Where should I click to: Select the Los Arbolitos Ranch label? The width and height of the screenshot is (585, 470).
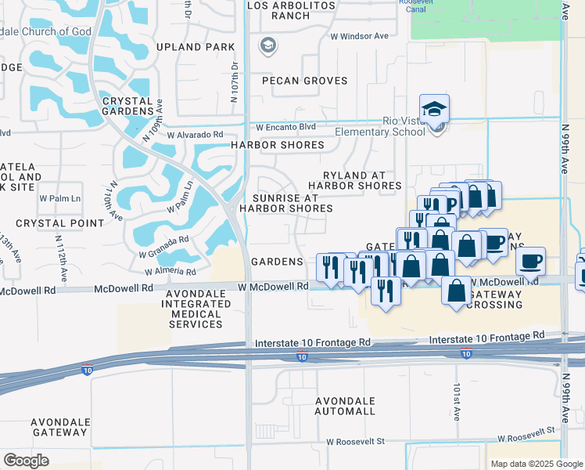[291, 10]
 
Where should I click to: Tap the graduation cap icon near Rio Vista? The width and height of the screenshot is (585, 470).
[434, 109]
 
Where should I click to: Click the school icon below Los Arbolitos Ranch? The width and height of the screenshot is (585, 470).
[268, 45]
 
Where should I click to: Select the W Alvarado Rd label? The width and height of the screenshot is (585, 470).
[195, 135]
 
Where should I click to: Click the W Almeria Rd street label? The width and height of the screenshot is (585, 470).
[170, 271]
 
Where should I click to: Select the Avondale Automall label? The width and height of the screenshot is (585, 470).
[345, 406]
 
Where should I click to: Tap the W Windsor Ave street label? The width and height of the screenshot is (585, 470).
[359, 36]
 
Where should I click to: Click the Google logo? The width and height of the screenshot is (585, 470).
[26, 461]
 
